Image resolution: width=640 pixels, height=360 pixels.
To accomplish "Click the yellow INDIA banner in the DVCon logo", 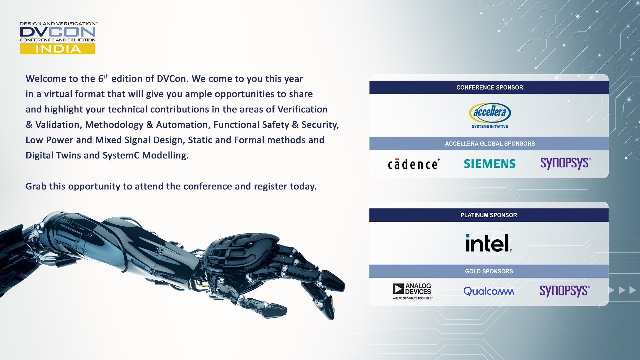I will click(58, 49).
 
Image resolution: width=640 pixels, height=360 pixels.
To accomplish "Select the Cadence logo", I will click(413, 164).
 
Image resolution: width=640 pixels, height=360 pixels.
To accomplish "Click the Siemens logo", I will click(490, 164).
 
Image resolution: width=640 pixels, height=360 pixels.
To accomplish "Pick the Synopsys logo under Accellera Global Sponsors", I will click(565, 163).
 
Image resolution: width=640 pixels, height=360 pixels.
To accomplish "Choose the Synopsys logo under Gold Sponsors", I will click(565, 291).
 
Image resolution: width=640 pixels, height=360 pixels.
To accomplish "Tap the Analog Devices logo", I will click(413, 291).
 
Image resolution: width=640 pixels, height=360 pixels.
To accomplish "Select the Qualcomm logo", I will click(489, 291).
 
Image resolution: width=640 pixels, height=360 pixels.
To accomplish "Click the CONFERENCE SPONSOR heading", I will click(489, 87).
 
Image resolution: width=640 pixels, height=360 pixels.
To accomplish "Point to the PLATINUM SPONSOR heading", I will click(489, 215).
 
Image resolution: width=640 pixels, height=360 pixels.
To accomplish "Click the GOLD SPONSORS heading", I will click(489, 271).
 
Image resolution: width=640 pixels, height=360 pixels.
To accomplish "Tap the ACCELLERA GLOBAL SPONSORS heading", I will click(489, 144).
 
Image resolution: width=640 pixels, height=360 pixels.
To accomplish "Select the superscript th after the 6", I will click(106, 76).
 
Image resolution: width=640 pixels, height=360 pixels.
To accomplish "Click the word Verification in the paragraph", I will click(302, 109).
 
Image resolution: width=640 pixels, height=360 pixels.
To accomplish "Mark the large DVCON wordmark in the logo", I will click(58, 32).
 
